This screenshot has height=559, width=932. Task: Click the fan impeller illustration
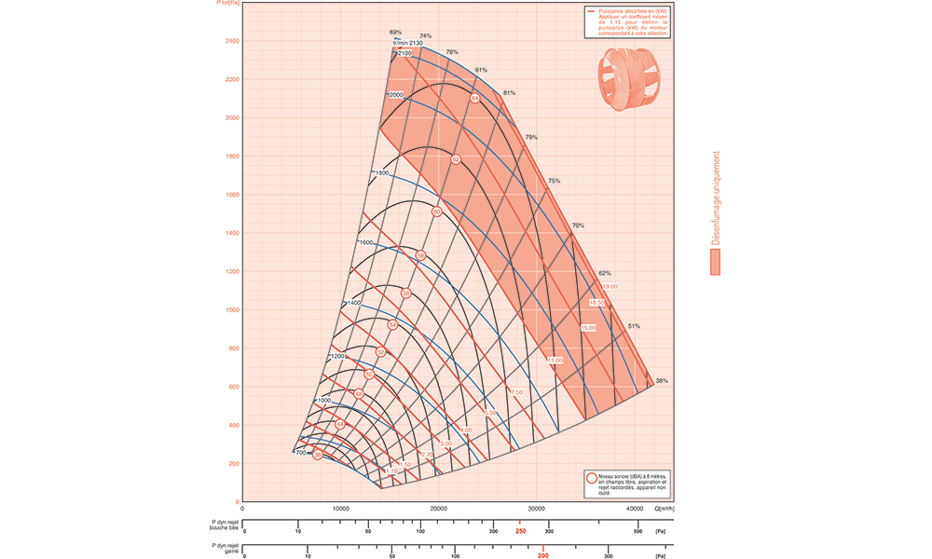pyautogui.click(x=626, y=80)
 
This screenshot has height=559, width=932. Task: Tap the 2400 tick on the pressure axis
pyautogui.click(x=231, y=41)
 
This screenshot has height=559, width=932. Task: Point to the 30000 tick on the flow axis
pyautogui.click(x=537, y=509)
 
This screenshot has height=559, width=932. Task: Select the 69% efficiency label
pyautogui.click(x=395, y=33)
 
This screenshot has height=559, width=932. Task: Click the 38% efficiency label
pyautogui.click(x=662, y=381)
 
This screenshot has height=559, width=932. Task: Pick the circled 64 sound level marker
pyautogui.click(x=474, y=98)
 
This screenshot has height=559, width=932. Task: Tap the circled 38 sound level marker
pyautogui.click(x=318, y=455)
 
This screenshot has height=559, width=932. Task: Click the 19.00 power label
pyautogui.click(x=610, y=286)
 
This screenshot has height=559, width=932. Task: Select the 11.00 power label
pyautogui.click(x=555, y=360)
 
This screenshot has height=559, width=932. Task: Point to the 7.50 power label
pyautogui.click(x=516, y=392)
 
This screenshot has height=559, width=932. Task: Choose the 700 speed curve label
pyautogui.click(x=301, y=453)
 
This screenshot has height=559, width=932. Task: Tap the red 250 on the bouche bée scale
pyautogui.click(x=520, y=532)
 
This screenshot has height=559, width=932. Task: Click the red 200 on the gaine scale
pyautogui.click(x=542, y=555)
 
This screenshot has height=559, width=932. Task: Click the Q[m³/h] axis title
pyautogui.click(x=665, y=509)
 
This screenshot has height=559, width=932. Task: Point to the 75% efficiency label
pyautogui.click(x=554, y=181)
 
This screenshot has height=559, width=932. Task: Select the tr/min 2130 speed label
pyautogui.click(x=408, y=44)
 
